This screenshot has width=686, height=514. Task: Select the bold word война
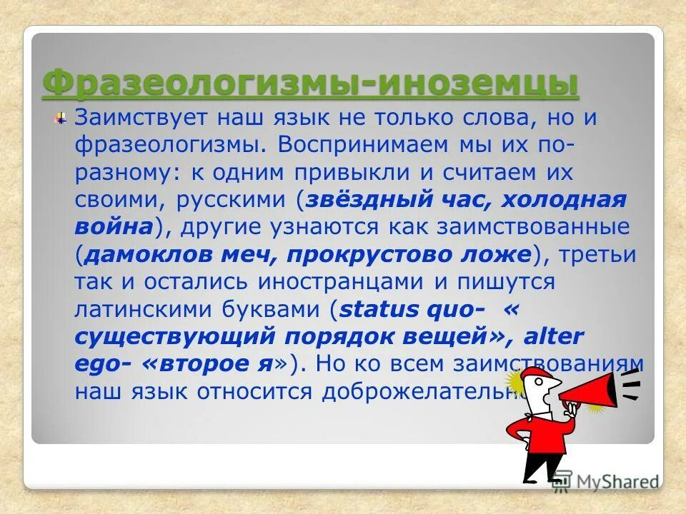[x=113, y=226]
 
